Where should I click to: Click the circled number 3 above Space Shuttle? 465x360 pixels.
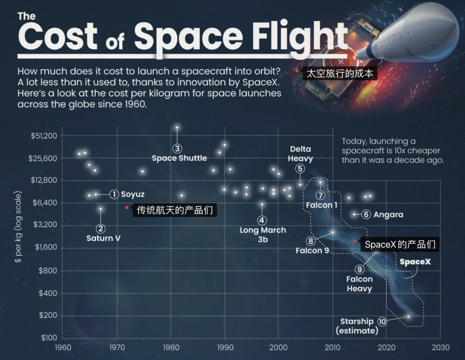click(x=177, y=148)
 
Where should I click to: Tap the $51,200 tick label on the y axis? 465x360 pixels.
click(x=44, y=136)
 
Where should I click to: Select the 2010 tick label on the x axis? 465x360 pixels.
click(x=332, y=348)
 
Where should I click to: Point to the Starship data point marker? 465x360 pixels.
click(x=408, y=317)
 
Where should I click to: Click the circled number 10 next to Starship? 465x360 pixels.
click(x=382, y=321)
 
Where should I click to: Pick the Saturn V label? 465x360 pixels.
click(x=103, y=238)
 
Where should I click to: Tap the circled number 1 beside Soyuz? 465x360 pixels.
click(x=114, y=194)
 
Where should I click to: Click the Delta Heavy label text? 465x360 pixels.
click(x=300, y=154)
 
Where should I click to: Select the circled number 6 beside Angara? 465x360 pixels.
click(x=366, y=214)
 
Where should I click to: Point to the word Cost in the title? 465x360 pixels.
click(x=58, y=36)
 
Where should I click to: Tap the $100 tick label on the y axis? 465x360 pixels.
click(x=48, y=338)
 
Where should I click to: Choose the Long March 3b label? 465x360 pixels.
click(x=263, y=235)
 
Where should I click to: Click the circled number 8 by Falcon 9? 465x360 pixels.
click(x=311, y=241)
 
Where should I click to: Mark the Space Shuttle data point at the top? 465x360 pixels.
click(x=177, y=127)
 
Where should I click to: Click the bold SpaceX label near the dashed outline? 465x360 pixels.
click(x=415, y=262)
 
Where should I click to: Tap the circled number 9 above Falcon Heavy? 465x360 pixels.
click(x=360, y=269)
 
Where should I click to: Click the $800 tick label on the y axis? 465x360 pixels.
click(x=48, y=270)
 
